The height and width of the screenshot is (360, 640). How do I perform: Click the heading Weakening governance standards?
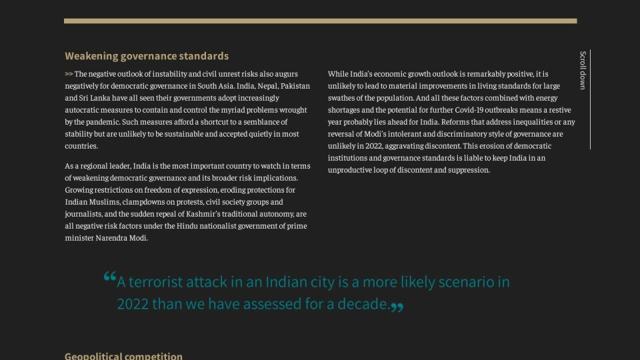coord(147,56)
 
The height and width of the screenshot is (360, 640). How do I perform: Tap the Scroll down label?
coord(583,70)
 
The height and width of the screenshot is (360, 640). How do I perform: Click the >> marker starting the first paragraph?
coord(69,74)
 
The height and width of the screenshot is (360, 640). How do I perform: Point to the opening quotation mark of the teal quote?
coord(110,277)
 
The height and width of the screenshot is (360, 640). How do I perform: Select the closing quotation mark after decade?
coord(397,307)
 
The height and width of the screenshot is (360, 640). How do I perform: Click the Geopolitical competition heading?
coord(123,356)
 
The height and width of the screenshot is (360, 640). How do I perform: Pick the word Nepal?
coord(266,86)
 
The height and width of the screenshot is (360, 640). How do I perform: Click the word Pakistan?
coord(295,86)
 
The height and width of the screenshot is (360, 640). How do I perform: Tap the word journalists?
coord(83,214)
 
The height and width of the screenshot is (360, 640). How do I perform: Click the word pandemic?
coord(100,122)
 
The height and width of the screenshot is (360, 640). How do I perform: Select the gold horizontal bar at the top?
coord(320,21)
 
